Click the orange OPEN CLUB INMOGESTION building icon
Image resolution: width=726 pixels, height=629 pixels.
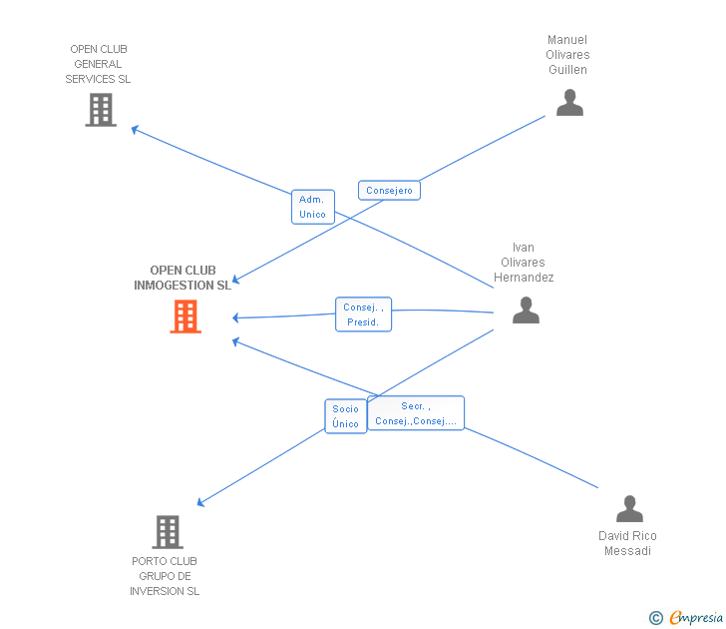(185, 316)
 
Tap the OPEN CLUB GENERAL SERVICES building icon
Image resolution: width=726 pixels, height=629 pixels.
(101, 110)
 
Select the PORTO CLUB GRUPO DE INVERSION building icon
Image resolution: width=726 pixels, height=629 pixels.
(168, 531)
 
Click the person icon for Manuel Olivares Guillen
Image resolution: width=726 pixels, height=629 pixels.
(569, 103)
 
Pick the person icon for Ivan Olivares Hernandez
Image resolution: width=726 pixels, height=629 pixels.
(526, 311)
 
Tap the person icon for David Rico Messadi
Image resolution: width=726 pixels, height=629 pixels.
(629, 509)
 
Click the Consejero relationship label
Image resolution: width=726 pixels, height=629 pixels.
(389, 191)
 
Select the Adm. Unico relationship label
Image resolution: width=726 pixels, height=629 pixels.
(312, 207)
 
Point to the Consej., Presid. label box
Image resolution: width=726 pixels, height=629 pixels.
(363, 314)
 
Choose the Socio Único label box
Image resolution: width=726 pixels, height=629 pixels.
(345, 416)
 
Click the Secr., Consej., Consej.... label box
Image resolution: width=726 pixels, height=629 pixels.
(415, 413)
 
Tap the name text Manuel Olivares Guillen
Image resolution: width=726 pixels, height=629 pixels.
(568, 55)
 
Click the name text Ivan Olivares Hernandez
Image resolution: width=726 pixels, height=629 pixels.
(525, 263)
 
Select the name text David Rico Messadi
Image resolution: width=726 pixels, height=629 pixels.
(628, 543)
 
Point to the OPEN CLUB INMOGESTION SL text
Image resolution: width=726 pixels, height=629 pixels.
(182, 278)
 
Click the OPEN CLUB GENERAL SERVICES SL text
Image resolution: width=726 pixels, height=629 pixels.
(98, 64)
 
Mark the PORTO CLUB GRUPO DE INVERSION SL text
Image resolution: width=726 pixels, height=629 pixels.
(165, 576)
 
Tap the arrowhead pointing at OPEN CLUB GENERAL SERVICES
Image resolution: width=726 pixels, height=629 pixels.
(134, 128)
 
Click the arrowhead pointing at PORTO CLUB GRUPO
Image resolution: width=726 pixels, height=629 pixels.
(200, 503)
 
